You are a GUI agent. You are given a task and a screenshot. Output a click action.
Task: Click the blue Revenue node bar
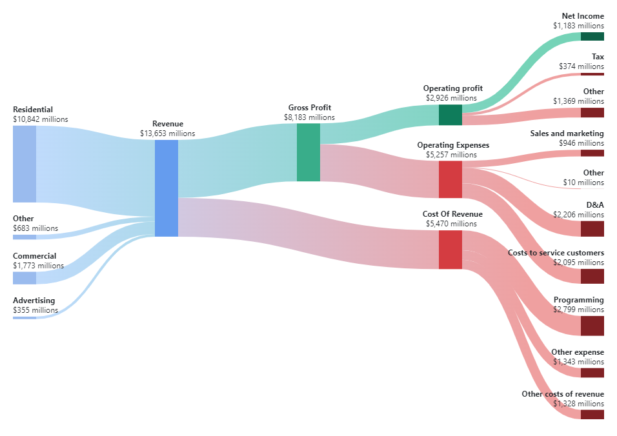point(166,188)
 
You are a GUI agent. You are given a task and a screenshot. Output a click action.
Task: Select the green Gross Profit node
point(308,152)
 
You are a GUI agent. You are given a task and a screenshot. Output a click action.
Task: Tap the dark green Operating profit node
point(450,115)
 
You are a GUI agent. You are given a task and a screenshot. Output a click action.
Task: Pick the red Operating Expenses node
point(450,179)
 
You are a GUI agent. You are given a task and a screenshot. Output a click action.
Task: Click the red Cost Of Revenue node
point(450,250)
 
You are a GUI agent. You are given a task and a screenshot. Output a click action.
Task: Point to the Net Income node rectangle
point(592,37)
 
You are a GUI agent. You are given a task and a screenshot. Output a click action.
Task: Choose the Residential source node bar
point(25,164)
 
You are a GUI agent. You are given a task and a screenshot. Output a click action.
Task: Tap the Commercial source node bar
point(25,278)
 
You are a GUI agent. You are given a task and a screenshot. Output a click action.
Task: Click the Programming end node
point(592,326)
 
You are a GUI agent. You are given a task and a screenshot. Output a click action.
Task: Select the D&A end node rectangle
point(592,229)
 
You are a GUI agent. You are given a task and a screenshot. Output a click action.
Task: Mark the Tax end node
point(592,74)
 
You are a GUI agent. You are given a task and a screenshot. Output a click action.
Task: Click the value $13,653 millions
point(167,134)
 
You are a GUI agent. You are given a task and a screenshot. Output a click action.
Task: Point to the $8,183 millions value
point(309,117)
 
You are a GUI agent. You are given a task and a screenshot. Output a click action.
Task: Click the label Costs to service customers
point(556,253)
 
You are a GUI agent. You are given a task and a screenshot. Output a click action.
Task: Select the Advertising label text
point(34,301)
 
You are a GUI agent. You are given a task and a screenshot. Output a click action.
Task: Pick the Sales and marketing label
point(567,134)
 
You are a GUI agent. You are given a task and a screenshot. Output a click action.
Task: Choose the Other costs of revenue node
point(592,414)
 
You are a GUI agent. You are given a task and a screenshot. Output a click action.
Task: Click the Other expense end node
point(592,373)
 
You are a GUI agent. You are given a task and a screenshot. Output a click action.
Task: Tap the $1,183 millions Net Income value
point(578,26)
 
